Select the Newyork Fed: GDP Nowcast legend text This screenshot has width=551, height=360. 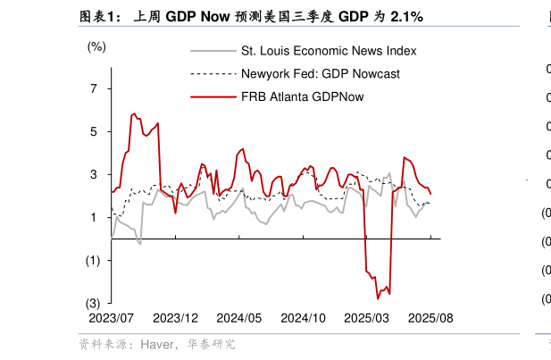pyautogui.click(x=321, y=73)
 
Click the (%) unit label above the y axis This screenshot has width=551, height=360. pyautogui.click(x=96, y=46)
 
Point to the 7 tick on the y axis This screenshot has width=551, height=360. pyautogui.click(x=94, y=88)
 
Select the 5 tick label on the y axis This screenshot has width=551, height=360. pyautogui.click(x=94, y=131)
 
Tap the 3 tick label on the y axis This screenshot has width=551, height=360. pyautogui.click(x=94, y=174)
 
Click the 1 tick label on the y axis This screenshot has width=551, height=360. pyautogui.click(x=94, y=217)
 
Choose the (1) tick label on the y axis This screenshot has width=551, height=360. pyautogui.click(x=92, y=260)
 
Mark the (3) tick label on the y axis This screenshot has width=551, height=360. pyautogui.click(x=92, y=303)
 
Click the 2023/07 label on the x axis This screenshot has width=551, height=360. pyautogui.click(x=112, y=318)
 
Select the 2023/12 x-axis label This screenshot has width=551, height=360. pyautogui.click(x=175, y=318)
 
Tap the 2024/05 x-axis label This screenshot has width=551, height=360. pyautogui.click(x=239, y=318)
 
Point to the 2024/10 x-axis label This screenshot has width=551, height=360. pyautogui.click(x=303, y=318)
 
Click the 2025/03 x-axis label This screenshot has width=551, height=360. pyautogui.click(x=367, y=318)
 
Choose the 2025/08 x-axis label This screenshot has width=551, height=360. pyautogui.click(x=430, y=318)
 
